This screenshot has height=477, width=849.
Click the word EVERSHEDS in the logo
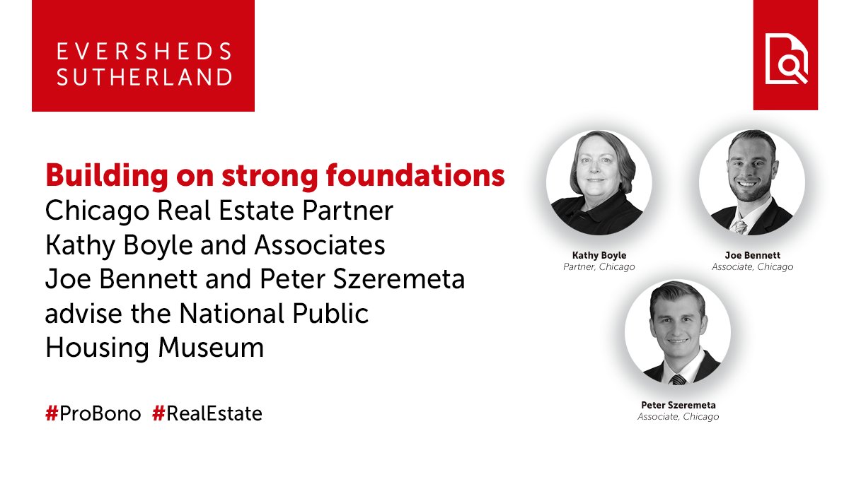[x=144, y=52]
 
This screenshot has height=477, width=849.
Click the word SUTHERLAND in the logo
[x=144, y=77]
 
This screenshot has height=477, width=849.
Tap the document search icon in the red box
[x=785, y=60]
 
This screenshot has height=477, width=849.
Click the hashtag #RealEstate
[x=207, y=414]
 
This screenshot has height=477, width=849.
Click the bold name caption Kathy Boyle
[x=599, y=254]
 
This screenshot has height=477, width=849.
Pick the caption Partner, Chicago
[x=599, y=267]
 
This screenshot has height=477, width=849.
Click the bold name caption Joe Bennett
[x=752, y=254]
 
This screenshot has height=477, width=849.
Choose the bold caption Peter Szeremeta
[x=677, y=404]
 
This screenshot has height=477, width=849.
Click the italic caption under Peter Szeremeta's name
[x=677, y=417]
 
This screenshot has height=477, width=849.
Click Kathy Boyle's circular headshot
[x=599, y=183]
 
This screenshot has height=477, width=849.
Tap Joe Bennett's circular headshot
[x=752, y=183]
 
